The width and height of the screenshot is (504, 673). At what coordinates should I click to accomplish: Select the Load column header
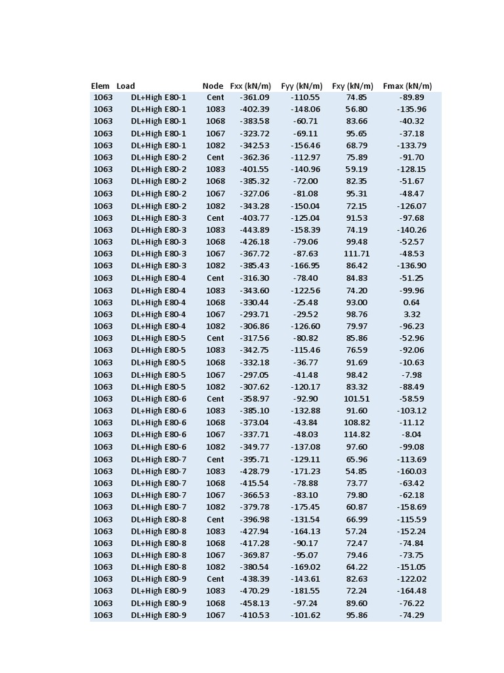click(x=126, y=86)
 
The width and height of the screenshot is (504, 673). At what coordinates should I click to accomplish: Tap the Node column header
click(x=213, y=86)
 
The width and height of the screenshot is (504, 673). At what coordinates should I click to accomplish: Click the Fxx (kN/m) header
click(x=250, y=86)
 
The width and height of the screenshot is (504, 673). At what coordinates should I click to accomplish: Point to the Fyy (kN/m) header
click(x=301, y=86)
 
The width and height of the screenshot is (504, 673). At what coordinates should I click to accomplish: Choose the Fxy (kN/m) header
click(x=352, y=86)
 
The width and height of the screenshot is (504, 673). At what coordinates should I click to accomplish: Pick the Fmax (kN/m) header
click(x=407, y=86)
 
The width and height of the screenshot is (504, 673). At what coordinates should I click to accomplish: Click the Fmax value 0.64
click(x=411, y=302)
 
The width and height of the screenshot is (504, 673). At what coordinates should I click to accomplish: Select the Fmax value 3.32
click(x=411, y=314)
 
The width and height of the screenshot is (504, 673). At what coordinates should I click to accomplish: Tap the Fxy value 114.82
click(x=356, y=434)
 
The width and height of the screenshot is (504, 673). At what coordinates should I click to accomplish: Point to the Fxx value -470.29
click(x=255, y=591)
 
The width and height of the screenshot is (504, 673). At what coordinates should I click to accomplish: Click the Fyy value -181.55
click(x=305, y=591)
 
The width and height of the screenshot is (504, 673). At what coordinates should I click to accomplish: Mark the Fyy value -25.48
click(x=305, y=302)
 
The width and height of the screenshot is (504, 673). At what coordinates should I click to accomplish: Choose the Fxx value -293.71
click(x=255, y=314)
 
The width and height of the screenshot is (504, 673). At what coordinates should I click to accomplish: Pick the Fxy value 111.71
click(x=356, y=254)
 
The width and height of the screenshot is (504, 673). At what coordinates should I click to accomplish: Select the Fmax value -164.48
click(x=411, y=591)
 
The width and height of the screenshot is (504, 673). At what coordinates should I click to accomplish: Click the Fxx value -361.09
click(x=255, y=97)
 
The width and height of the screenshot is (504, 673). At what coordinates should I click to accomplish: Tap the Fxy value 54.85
click(x=356, y=471)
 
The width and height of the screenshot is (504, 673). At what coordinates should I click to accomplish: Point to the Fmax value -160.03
click(x=411, y=471)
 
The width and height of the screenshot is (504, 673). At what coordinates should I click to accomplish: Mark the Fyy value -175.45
click(x=305, y=507)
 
